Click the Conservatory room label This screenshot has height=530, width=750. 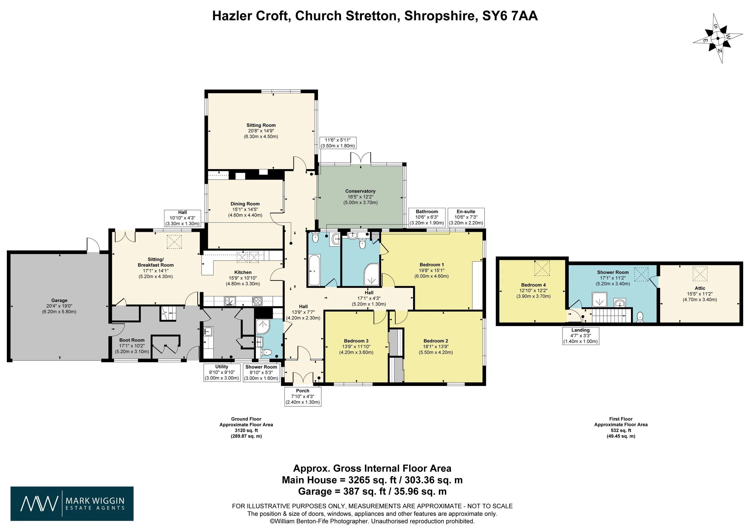click(360, 191)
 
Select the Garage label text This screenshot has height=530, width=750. click(59, 301)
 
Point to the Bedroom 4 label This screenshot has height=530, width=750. click(533, 285)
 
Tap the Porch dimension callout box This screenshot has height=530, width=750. click(303, 397)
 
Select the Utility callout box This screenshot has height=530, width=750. click(222, 372)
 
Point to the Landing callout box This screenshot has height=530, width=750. click(580, 336)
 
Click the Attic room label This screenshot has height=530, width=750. click(700, 288)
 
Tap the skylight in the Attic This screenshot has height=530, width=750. click(700, 274)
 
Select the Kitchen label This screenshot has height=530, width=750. click(243, 272)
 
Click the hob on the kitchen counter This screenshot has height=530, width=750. click(257, 301)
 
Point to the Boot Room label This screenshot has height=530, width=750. click(132, 340)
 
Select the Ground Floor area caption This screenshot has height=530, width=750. click(246, 427)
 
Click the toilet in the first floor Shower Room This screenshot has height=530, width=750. click(640, 316)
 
